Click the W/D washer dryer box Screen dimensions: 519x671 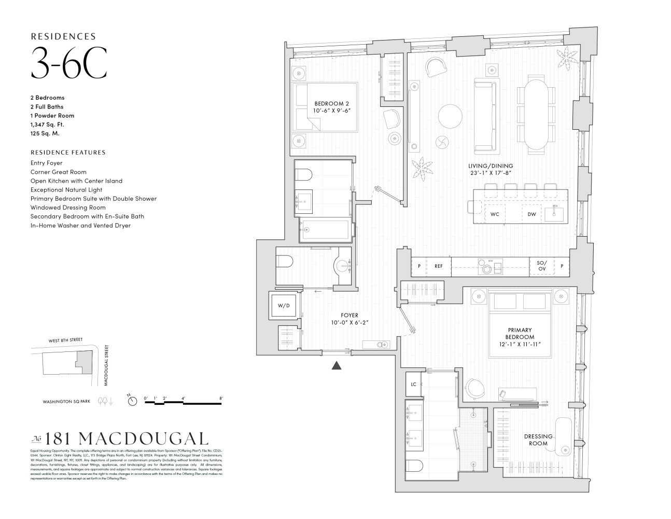coord(284,306)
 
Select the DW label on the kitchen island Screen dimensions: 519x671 coord(532,214)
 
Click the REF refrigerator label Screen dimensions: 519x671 coord(439,266)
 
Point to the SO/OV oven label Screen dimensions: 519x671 coord(541,266)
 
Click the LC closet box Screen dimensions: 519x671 coord(414,385)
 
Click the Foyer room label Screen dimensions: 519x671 coord(350,316)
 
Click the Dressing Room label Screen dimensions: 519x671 coord(538,440)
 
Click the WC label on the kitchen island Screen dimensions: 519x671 coord(495,214)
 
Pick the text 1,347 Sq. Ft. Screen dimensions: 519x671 coord(47,125)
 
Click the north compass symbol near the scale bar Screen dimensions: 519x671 coord(132,401)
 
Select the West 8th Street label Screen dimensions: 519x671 coord(65,339)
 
